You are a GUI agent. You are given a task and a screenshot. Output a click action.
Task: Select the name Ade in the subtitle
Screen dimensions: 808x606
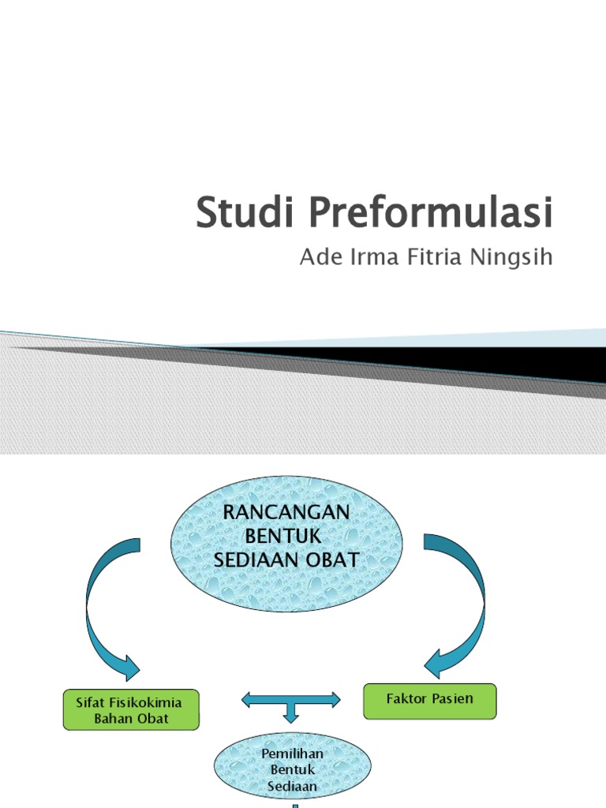[x=318, y=258]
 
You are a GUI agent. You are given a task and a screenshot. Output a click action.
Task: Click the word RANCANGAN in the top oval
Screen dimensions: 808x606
[x=286, y=512]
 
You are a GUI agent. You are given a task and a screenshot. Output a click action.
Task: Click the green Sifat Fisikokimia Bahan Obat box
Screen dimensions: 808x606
[x=131, y=709]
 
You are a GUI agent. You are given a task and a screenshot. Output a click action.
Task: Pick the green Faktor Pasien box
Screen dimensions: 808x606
[x=429, y=701]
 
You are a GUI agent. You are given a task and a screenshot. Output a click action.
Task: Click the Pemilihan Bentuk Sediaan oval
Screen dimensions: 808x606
[x=293, y=764]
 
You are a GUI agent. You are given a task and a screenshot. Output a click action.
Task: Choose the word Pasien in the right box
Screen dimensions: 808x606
[x=453, y=699]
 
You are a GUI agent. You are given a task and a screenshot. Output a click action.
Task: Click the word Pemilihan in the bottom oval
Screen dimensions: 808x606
[x=293, y=754]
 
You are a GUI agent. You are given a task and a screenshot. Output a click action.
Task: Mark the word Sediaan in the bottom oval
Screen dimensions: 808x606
[x=293, y=786]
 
